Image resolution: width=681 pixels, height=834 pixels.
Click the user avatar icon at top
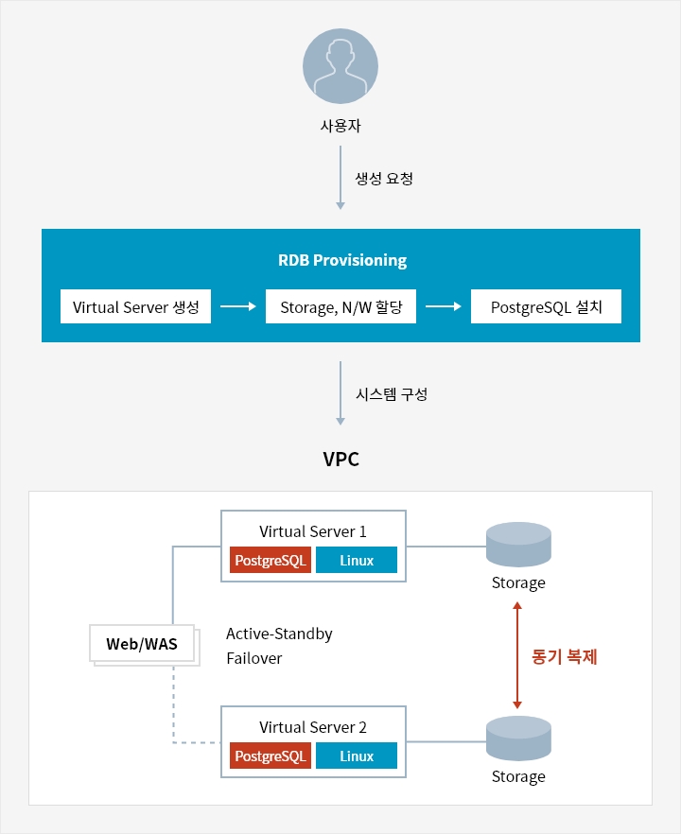340,65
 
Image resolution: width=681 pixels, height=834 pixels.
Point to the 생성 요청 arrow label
384,178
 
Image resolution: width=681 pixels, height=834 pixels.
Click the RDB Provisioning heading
341,260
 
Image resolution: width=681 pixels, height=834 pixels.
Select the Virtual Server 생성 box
135,306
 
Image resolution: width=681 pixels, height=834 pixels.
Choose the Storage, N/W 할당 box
340,306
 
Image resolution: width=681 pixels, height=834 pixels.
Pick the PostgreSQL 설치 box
546,306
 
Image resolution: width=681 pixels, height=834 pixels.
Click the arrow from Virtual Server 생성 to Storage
238,306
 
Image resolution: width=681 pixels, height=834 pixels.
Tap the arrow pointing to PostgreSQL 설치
444,306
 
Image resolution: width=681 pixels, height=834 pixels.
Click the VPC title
341,460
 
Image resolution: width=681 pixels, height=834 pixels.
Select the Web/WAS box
142,644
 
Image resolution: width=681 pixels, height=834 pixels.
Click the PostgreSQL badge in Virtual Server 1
271,561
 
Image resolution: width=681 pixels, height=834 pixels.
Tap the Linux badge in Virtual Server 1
357,561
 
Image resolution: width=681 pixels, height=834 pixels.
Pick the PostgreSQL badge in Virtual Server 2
271,756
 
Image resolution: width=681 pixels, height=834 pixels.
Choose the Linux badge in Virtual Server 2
357,756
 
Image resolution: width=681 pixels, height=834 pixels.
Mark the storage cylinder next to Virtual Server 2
518,740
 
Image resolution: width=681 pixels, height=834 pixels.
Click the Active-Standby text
279,634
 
